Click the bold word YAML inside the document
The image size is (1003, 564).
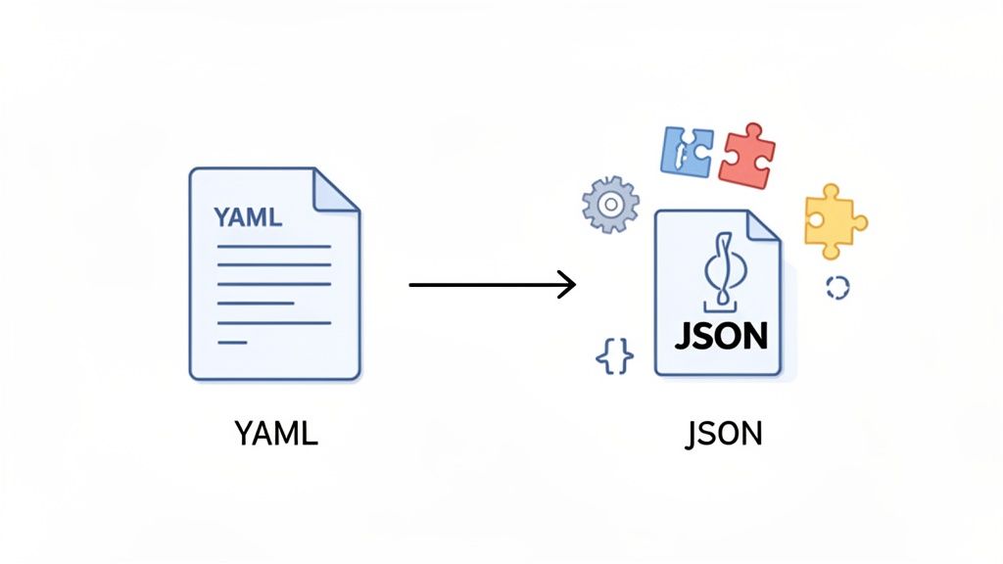247,215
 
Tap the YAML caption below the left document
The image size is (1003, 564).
276,433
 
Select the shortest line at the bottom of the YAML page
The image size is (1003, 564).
232,342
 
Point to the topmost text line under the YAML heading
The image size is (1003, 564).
273,247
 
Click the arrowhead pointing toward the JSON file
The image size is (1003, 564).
566,285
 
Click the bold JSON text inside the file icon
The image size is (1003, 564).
720,335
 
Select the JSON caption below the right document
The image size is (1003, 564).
724,433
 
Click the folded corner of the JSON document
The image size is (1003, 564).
760,226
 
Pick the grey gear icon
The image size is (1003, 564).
609,205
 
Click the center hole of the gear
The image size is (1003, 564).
609,205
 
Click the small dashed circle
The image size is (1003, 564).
837,287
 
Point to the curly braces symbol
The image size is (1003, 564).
614,357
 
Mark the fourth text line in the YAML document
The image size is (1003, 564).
256,304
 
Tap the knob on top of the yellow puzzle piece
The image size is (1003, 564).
831,192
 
